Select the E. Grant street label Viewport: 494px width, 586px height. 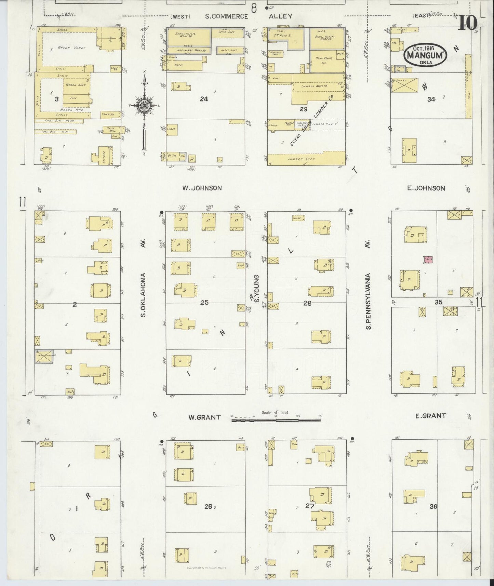point(430,416)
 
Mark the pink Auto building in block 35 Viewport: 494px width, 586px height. point(428,260)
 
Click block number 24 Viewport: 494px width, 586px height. point(204,99)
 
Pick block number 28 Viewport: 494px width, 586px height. point(307,303)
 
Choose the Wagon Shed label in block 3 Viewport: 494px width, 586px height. point(77,84)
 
